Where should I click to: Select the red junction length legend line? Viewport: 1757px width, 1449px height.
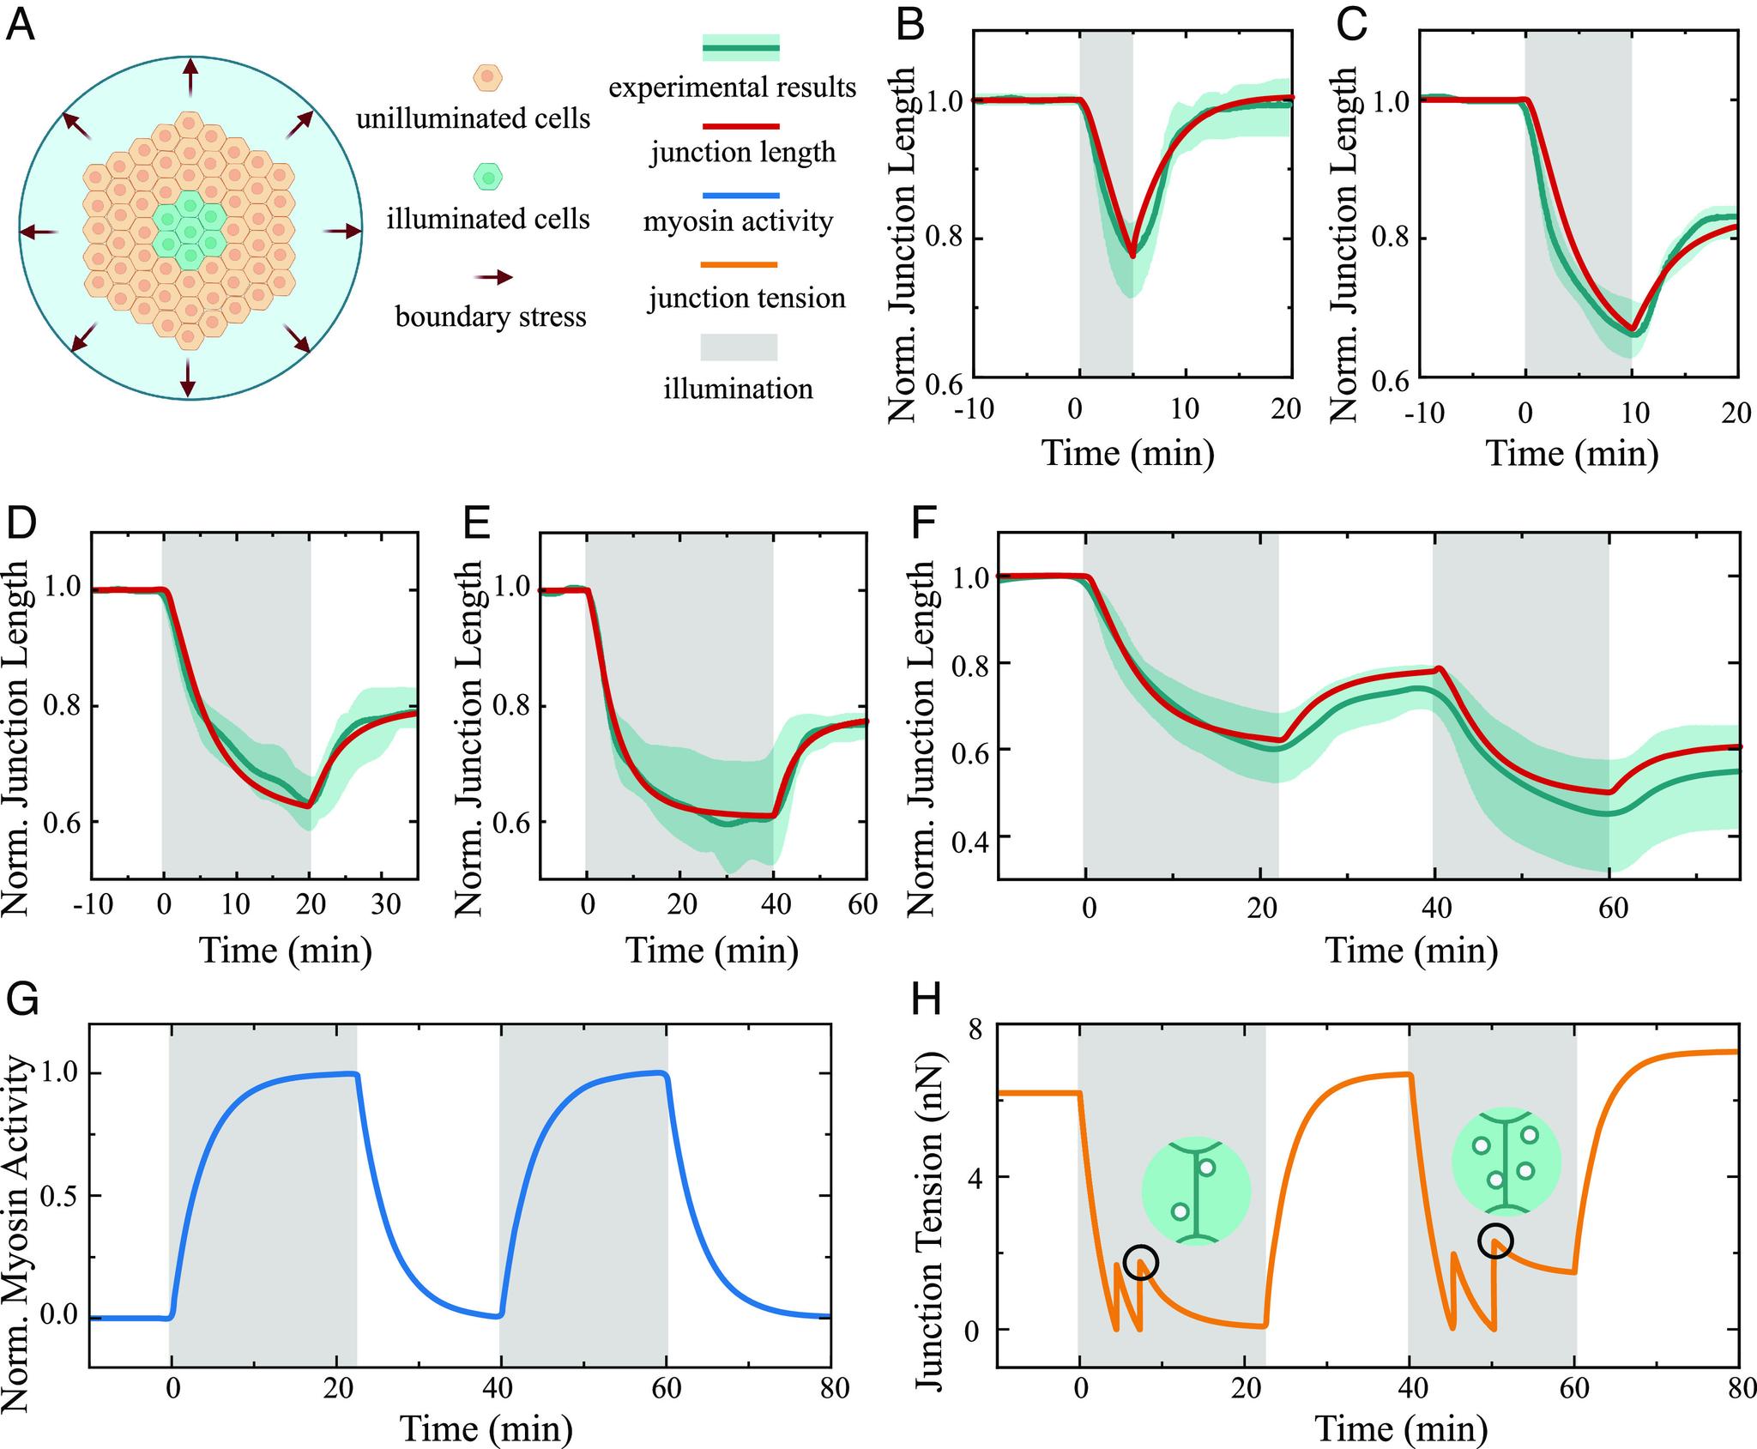click(x=739, y=125)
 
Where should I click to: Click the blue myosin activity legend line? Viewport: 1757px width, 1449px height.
click(x=739, y=196)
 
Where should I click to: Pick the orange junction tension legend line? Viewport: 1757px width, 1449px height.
click(x=739, y=265)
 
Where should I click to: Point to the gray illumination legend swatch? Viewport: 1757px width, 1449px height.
click(x=739, y=347)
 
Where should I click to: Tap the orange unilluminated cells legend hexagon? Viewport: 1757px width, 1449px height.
click(x=487, y=76)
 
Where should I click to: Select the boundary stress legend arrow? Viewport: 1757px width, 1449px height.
click(x=493, y=277)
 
